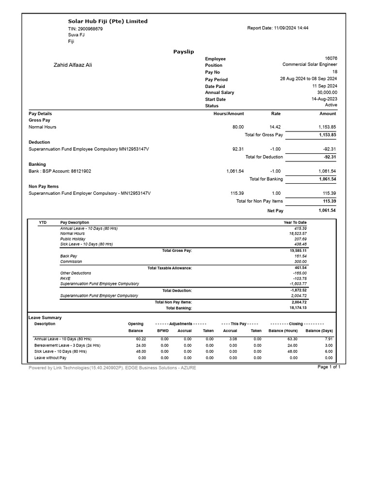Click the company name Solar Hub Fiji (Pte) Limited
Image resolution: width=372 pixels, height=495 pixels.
pyautogui.click(x=108, y=21)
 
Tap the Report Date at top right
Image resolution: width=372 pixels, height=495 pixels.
pyautogui.click(x=278, y=28)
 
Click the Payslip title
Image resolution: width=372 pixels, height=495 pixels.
pyautogui.click(x=184, y=51)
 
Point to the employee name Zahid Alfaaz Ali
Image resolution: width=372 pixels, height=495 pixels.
pyautogui.click(x=73, y=65)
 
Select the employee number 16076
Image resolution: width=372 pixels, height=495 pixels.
pyautogui.click(x=331, y=58)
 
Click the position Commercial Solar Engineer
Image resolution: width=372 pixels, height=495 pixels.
pyautogui.click(x=310, y=64)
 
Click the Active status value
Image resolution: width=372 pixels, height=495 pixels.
pyautogui.click(x=331, y=105)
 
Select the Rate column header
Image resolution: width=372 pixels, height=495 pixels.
pyautogui.click(x=276, y=114)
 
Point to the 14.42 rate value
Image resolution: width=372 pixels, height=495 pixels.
pyautogui.click(x=275, y=127)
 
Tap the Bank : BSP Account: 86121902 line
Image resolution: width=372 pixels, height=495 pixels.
pyautogui.click(x=60, y=171)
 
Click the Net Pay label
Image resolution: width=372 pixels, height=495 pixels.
pyautogui.click(x=275, y=211)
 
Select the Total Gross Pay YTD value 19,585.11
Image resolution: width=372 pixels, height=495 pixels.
pyautogui.click(x=298, y=251)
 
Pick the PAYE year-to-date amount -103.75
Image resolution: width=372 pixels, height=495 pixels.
pyautogui.click(x=300, y=279)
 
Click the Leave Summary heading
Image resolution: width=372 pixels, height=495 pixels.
pyautogui.click(x=45, y=318)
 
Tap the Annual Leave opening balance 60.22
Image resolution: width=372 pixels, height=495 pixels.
pyautogui.click(x=139, y=339)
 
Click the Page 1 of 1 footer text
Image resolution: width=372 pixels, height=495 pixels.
pyautogui.click(x=329, y=367)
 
